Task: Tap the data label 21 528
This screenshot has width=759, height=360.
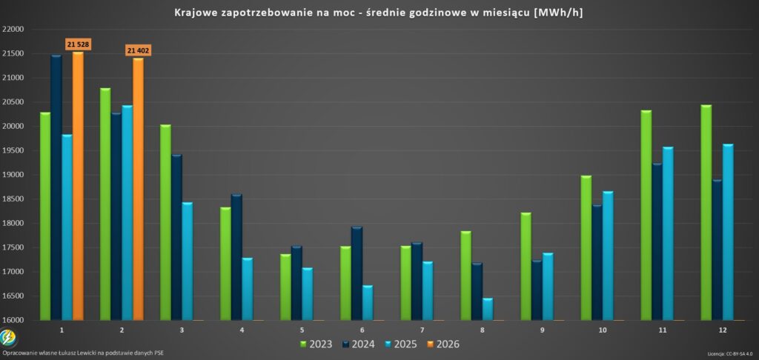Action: pyautogui.click(x=78, y=44)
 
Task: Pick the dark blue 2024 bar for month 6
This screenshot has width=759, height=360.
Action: pyautogui.click(x=357, y=273)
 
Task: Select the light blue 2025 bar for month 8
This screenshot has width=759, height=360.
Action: pyautogui.click(x=488, y=309)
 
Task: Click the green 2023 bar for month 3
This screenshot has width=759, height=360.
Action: pyautogui.click(x=165, y=222)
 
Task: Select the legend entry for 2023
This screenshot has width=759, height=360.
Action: pyautogui.click(x=315, y=344)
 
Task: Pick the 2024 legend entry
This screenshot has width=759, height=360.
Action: pyautogui.click(x=357, y=344)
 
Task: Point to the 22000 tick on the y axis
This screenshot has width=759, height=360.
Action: pyautogui.click(x=13, y=30)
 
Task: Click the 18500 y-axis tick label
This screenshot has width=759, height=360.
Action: pyautogui.click(x=13, y=199)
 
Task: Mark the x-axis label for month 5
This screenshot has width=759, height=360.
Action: pyautogui.click(x=302, y=330)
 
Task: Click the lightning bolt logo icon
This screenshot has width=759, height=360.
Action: pyautogui.click(x=8, y=339)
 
